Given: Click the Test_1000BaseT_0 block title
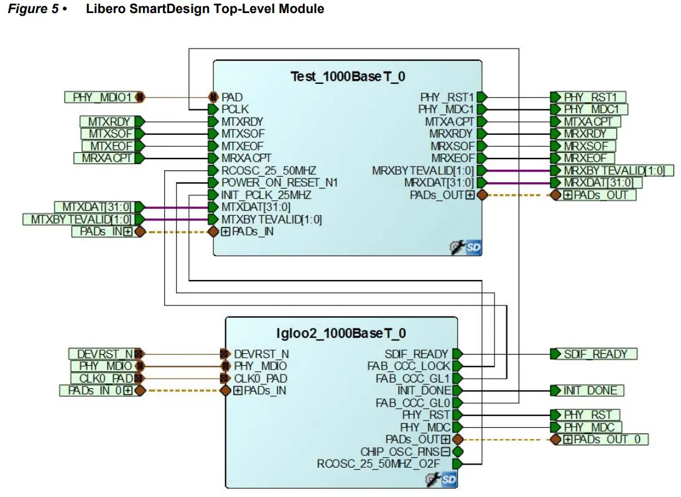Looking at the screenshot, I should pos(348,77).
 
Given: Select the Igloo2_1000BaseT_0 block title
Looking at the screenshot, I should pos(341,333).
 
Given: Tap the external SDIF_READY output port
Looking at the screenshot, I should pos(595,354).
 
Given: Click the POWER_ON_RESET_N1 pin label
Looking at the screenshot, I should pos(279,182).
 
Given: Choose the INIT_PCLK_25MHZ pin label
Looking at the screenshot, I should pos(266,195).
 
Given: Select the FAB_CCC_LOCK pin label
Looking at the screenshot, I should pos(409,366).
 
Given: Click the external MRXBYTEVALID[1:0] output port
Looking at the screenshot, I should pos(613,170).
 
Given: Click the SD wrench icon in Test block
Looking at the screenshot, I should pos(465,248).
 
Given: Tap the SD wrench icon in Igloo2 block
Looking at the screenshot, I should pos(441,480).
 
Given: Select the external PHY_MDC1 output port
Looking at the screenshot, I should pos(594,109).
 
